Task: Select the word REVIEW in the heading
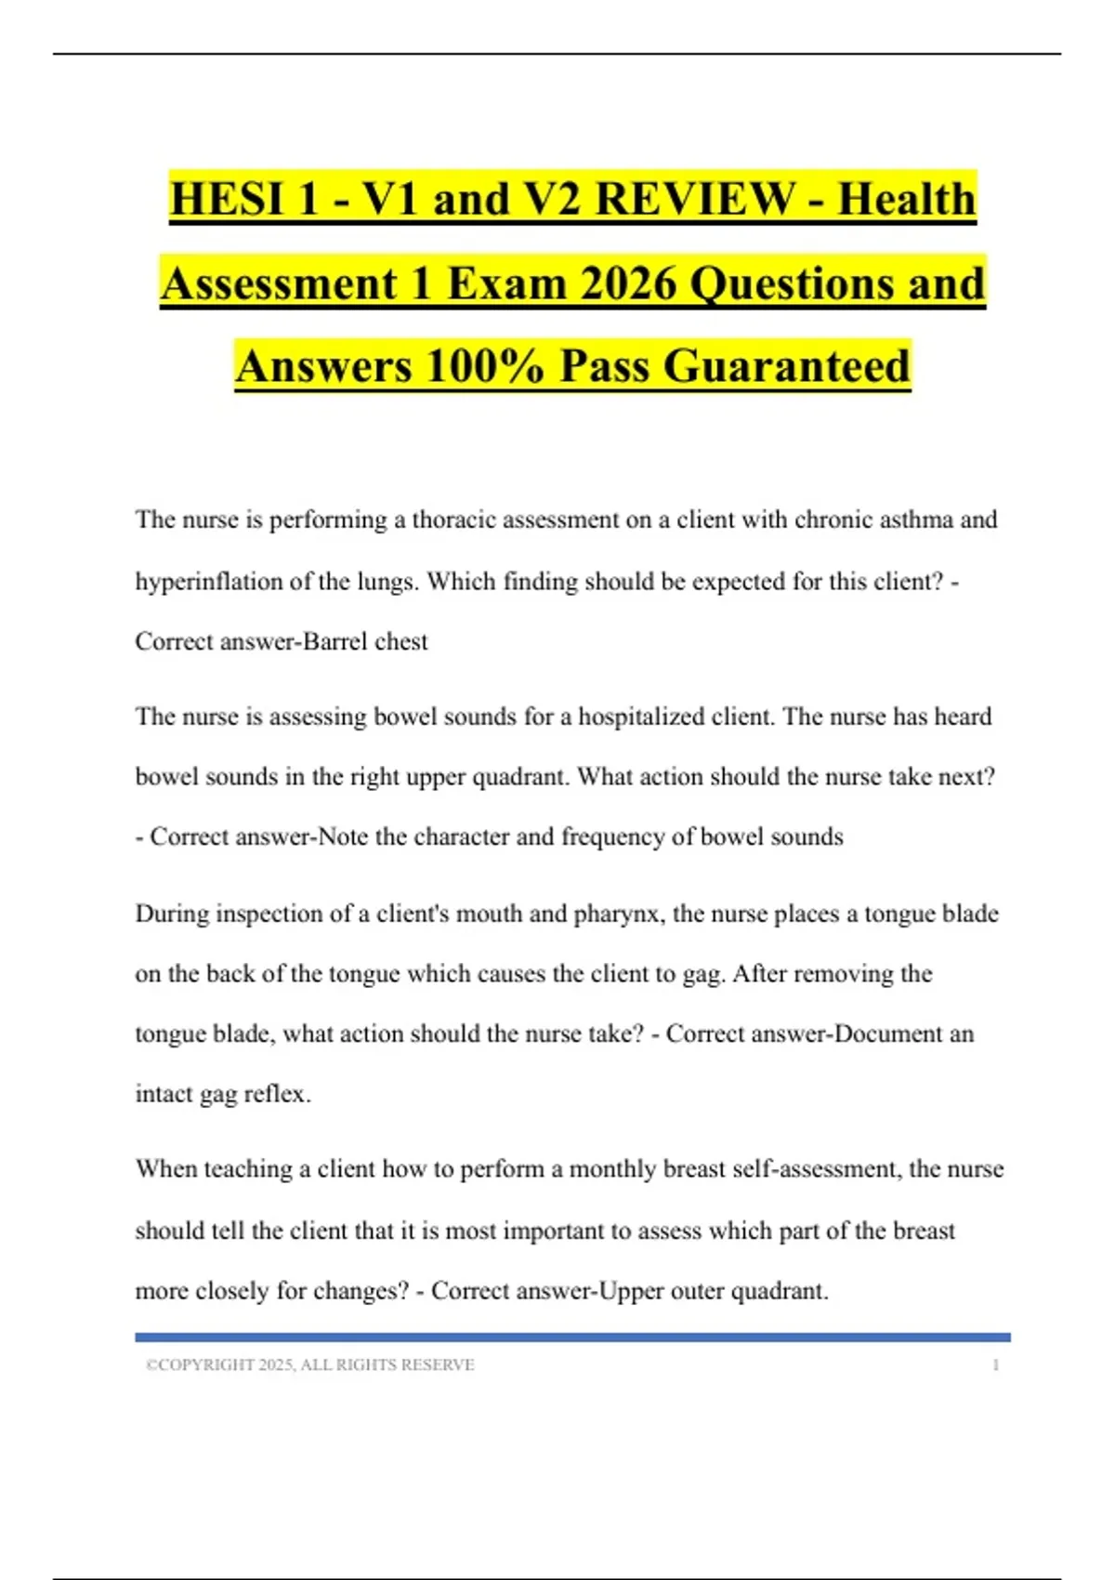pyautogui.click(x=694, y=199)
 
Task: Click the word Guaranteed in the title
pyautogui.click(x=786, y=365)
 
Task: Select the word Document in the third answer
pyautogui.click(x=887, y=1034)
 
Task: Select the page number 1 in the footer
pyautogui.click(x=995, y=1364)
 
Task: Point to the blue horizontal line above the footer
pyautogui.click(x=572, y=1337)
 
